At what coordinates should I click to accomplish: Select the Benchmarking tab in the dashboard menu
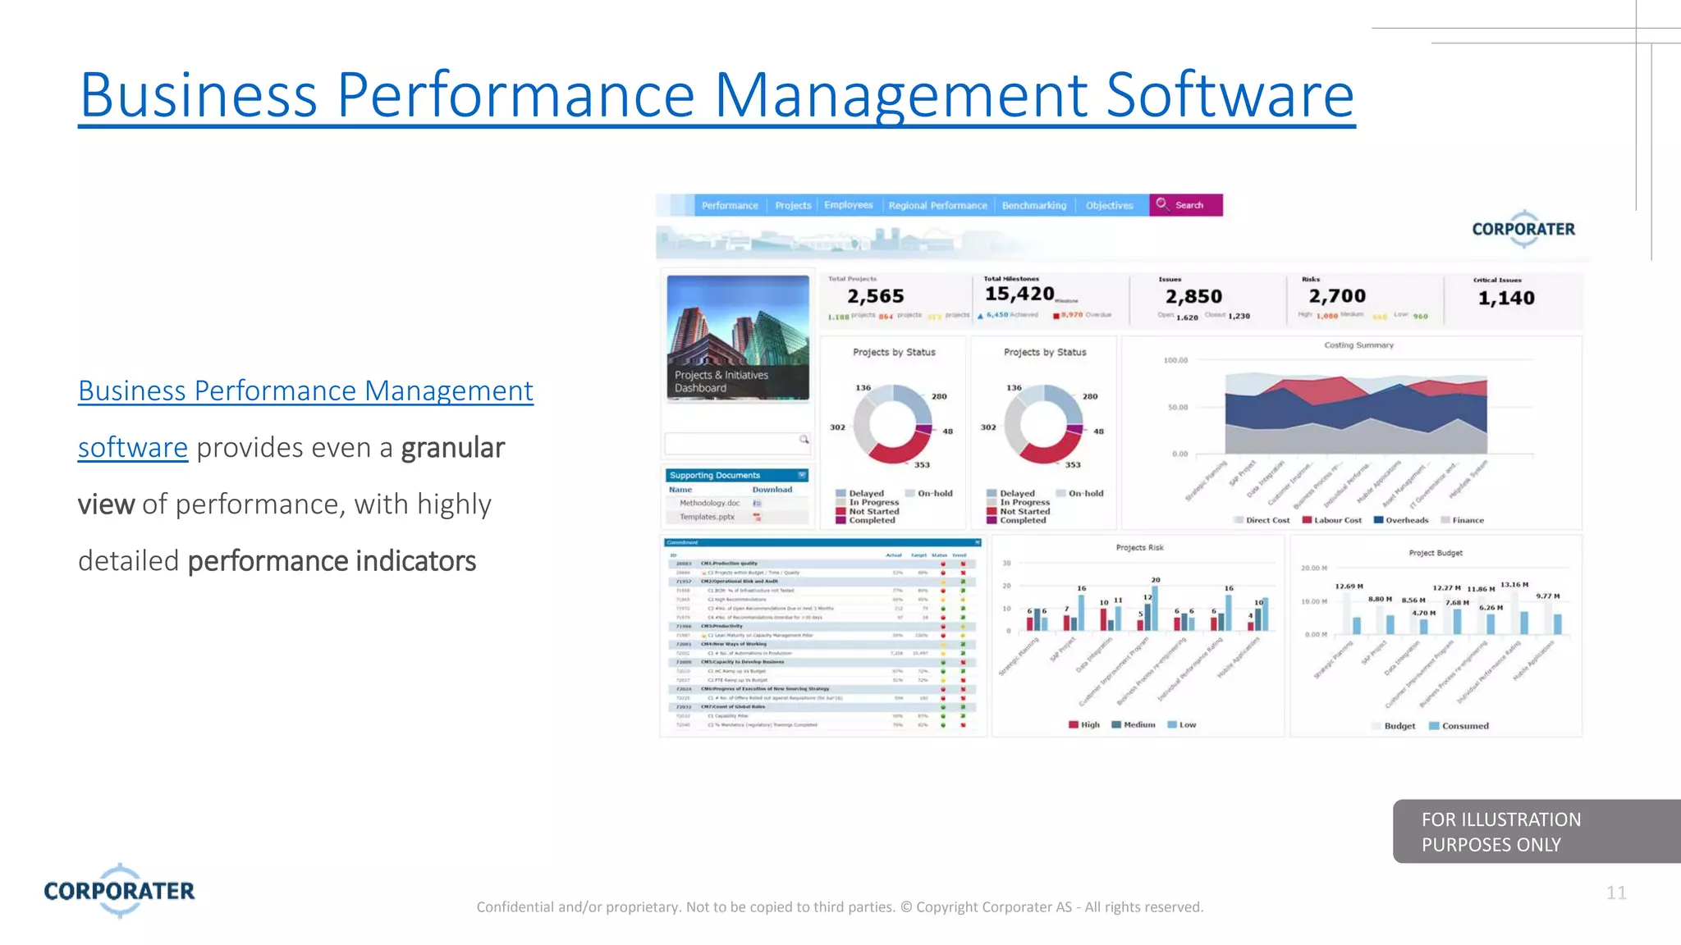click(x=1033, y=206)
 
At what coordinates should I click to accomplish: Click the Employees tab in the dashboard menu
click(x=848, y=205)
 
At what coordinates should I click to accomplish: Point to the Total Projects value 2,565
click(x=875, y=296)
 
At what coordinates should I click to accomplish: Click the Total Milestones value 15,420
click(x=1019, y=294)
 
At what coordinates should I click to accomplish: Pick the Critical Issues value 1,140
click(x=1505, y=298)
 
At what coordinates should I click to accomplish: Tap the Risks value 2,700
click(x=1336, y=296)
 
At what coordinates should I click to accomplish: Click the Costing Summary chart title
click(x=1358, y=345)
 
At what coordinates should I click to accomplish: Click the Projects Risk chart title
click(x=1139, y=547)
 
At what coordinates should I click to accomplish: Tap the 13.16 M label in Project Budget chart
click(x=1514, y=585)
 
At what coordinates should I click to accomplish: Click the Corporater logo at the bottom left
click(x=120, y=890)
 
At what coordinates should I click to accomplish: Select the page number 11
click(x=1615, y=892)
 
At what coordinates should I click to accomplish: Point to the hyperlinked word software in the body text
click(x=133, y=448)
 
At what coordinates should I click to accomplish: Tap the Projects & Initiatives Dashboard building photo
click(x=737, y=337)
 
